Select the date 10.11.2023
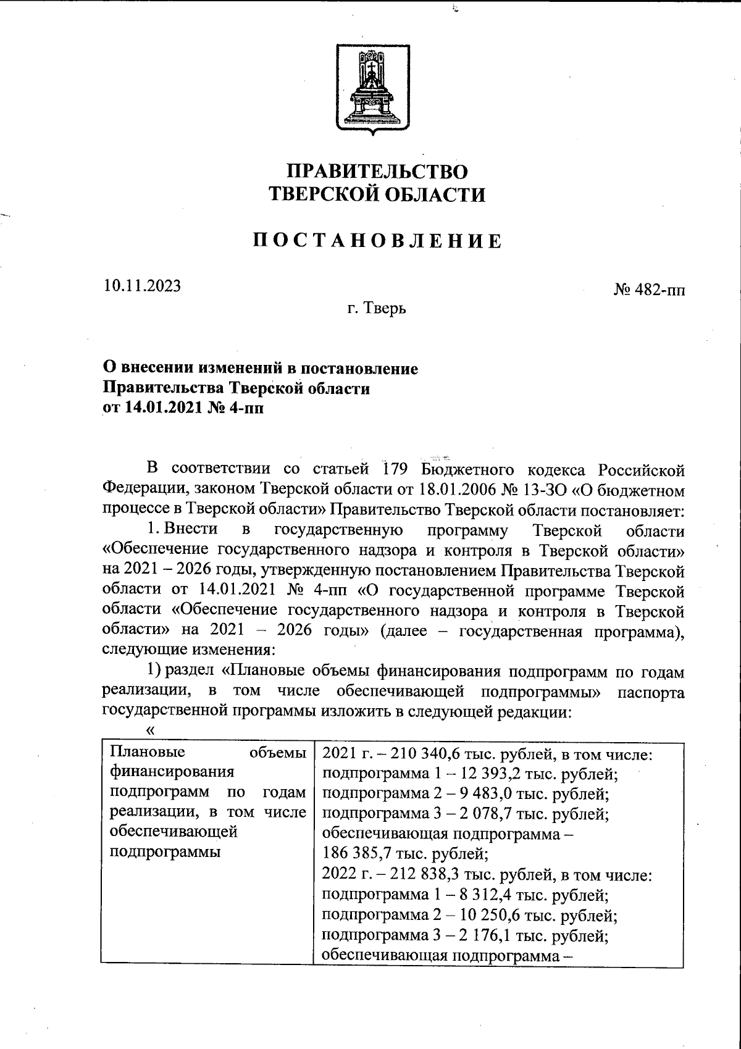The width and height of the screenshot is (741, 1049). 142,286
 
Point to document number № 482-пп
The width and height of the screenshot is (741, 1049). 648,290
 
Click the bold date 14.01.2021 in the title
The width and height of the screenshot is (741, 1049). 161,408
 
